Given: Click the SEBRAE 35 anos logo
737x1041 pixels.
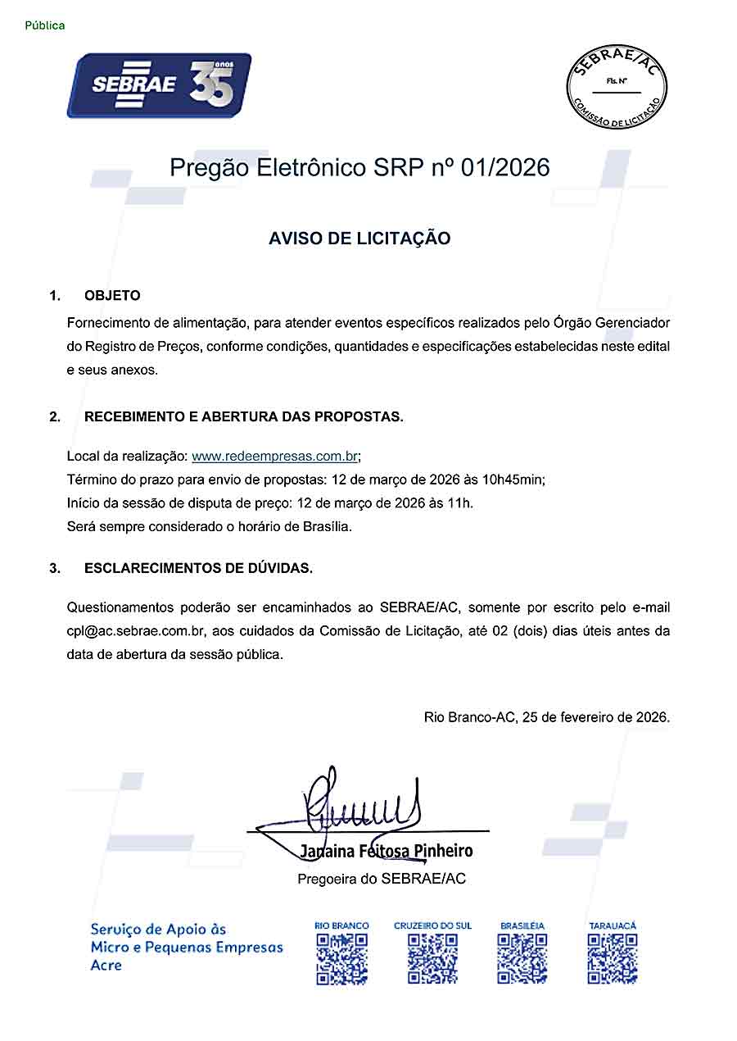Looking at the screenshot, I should (x=159, y=85).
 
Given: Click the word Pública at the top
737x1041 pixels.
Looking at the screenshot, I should (x=45, y=25).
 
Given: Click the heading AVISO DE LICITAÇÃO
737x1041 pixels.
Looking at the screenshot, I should (x=359, y=239).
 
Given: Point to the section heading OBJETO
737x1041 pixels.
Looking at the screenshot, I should (x=112, y=295).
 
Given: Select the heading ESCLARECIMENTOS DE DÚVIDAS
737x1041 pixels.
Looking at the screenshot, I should (x=198, y=567).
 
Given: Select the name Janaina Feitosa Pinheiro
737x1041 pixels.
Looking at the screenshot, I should (x=386, y=851).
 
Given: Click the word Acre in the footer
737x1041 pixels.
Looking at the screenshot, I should (x=106, y=966).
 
